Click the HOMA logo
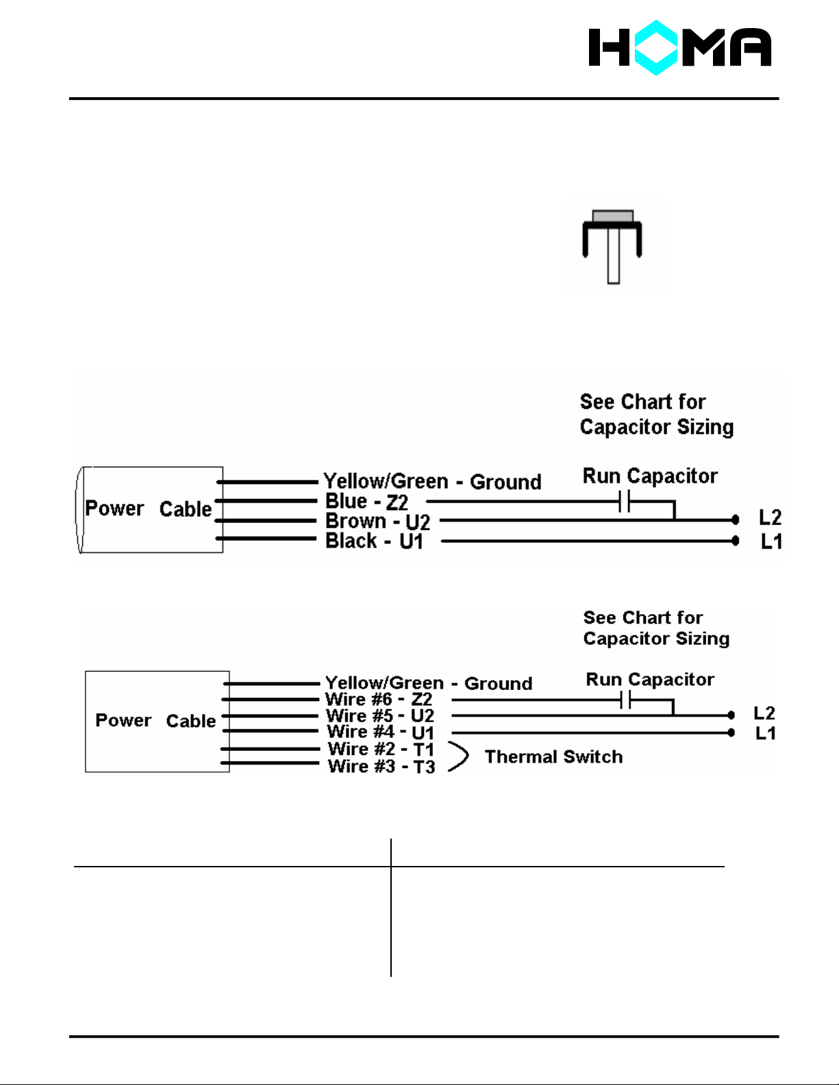click(679, 47)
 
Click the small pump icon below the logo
click(612, 246)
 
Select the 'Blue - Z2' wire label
click(366, 502)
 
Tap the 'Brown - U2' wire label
click(377, 522)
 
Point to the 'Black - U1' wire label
click(374, 541)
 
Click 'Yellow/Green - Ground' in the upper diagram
click(432, 481)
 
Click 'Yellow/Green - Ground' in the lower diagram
click(429, 683)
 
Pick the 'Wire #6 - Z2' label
click(379, 700)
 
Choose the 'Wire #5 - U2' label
click(380, 716)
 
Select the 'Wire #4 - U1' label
click(380, 732)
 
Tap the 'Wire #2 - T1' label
click(381, 750)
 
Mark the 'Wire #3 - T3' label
click(381, 767)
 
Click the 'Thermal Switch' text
click(553, 757)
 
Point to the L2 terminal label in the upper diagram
click(770, 518)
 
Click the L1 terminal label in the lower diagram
click(765, 734)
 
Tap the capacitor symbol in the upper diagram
click(624, 502)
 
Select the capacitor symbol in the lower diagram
click(625, 700)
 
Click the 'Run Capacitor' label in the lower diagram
click(649, 680)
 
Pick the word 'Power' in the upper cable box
click(114, 509)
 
